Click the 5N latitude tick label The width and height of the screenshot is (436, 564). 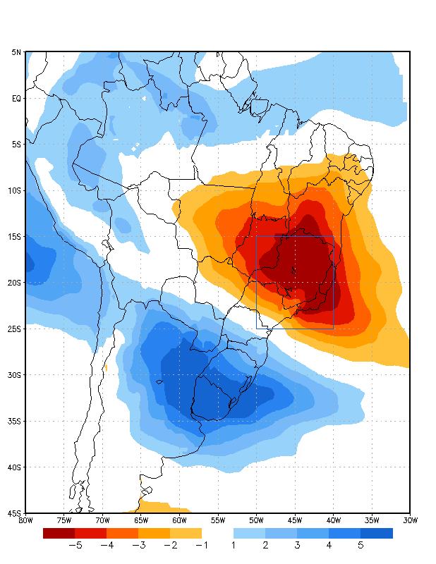[16, 52]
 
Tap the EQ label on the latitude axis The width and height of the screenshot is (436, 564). [16, 98]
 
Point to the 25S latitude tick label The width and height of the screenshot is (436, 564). [15, 329]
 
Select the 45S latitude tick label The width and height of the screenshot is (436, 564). [15, 513]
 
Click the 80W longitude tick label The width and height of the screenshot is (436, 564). [25, 520]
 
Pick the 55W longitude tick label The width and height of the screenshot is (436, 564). [217, 520]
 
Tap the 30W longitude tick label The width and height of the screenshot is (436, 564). [410, 520]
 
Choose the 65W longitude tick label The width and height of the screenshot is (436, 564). [140, 520]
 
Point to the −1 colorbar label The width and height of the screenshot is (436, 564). [202, 545]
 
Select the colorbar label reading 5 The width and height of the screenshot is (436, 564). [361, 545]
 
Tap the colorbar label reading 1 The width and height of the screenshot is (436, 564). [234, 545]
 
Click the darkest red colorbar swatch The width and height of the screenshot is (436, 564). [59, 533]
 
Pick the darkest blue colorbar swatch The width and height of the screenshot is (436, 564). [377, 533]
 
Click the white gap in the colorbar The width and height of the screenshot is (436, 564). [217, 533]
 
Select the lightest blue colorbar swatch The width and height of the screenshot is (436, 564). [249, 533]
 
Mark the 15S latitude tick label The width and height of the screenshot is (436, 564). [15, 236]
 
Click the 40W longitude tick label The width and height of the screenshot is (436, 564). [333, 520]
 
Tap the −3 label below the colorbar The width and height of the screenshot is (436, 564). [138, 545]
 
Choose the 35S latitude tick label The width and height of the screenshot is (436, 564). [15, 421]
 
